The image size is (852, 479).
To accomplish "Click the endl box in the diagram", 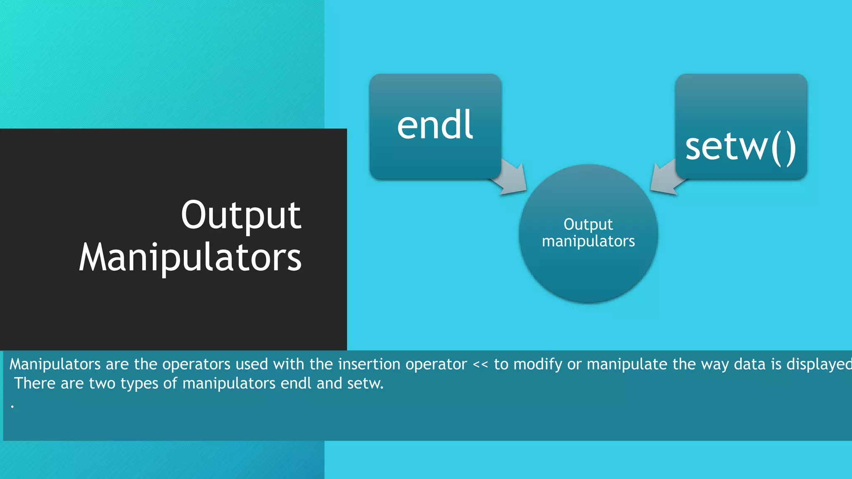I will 435,126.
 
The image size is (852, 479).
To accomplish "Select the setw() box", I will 741,126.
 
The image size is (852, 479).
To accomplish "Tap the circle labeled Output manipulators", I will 588,233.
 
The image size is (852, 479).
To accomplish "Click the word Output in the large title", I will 241,215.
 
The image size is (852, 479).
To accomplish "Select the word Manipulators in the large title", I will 190,258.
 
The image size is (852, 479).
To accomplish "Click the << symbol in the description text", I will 480,365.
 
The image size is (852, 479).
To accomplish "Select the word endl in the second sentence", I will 296,383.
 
